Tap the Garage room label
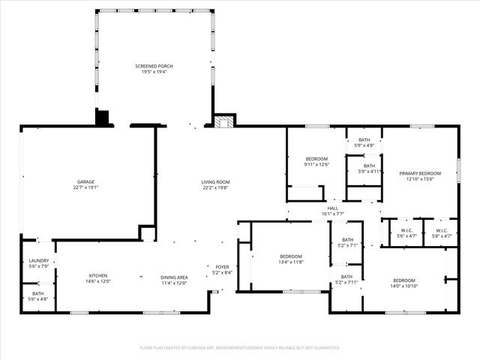pos(85,181)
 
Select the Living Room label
pos(215,182)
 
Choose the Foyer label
pos(223,266)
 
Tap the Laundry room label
pos(38,260)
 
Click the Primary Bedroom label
pos(420,173)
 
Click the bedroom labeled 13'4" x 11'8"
pos(290,256)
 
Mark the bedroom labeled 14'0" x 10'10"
pos(403,281)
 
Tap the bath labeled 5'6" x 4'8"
pos(38,293)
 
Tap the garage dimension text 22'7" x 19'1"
pos(85,187)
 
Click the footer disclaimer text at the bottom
pos(240,347)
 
